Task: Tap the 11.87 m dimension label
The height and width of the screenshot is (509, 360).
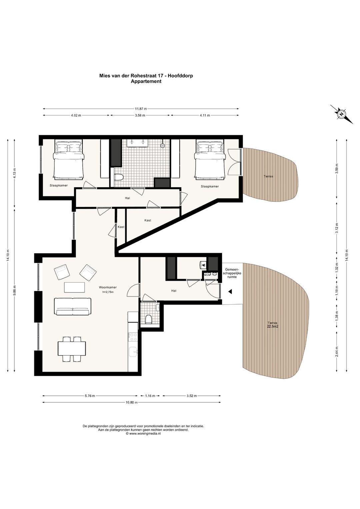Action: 141,109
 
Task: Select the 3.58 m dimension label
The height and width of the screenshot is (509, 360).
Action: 140,115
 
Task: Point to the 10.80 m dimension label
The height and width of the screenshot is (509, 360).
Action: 132,402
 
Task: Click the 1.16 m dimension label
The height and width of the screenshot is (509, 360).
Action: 150,396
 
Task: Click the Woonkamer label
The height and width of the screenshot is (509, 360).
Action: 108,288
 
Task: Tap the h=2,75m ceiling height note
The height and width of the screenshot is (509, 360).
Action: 108,292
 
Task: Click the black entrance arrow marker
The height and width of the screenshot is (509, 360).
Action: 230,292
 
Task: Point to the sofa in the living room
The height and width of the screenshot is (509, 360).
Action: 72,307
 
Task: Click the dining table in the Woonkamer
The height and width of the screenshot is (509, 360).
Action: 72,349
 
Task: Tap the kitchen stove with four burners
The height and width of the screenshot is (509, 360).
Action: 133,337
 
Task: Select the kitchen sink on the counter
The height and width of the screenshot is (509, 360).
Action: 133,353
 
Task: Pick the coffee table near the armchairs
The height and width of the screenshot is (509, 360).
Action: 74,287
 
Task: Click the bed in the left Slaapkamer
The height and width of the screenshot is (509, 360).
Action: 68,160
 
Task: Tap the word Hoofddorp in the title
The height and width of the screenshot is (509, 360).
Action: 181,76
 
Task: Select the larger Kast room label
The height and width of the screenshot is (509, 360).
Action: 148,220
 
